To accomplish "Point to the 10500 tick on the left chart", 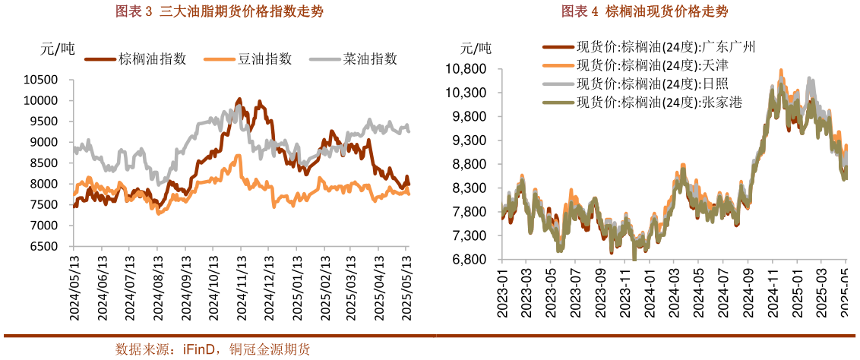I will point(42,80).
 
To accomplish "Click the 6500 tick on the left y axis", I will point(45,247).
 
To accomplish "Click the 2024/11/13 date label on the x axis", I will point(240,289).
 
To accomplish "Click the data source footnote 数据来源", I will point(213,349).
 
